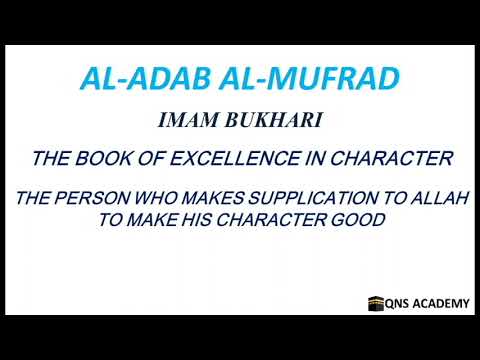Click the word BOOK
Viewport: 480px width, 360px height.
pyautogui.click(x=109, y=158)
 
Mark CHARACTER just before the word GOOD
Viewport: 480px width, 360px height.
pyautogui.click(x=287, y=220)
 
